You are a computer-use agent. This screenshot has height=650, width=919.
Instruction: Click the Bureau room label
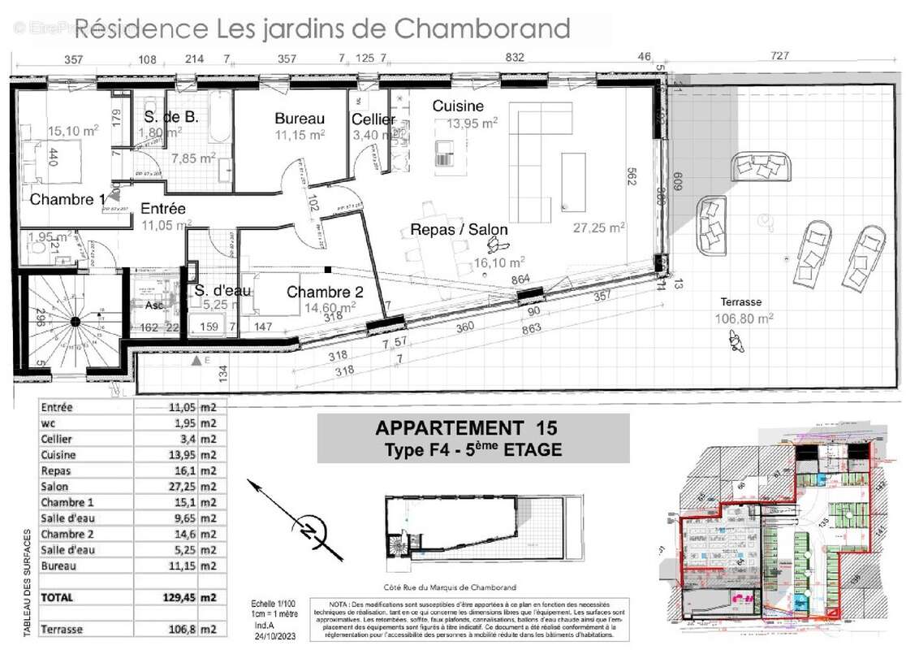[299, 119]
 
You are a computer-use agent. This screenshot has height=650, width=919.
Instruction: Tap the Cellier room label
[373, 119]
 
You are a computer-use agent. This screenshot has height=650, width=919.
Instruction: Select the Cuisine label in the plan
[457, 106]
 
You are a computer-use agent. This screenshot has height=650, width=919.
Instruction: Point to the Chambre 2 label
[325, 293]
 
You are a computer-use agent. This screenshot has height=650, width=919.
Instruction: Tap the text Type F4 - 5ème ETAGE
[472, 449]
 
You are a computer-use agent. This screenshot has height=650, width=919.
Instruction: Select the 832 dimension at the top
[515, 58]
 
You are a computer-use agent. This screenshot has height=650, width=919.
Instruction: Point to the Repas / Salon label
[459, 230]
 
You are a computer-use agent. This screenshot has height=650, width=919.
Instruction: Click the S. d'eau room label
[222, 291]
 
